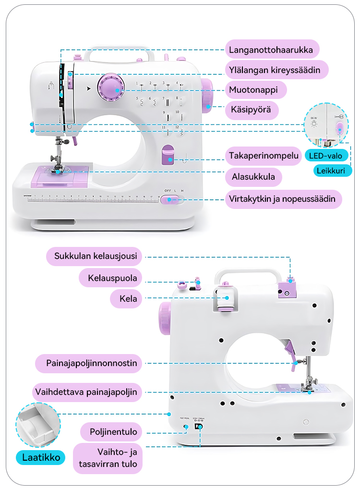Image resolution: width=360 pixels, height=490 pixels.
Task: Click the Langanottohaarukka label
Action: pos(271,49)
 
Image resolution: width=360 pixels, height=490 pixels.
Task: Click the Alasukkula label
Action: pos(253,177)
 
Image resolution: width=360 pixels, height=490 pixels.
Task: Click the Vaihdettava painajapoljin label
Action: pos(86,392)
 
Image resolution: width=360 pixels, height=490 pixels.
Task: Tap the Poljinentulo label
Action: pos(113,432)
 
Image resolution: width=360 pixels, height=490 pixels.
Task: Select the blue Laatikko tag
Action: pos(41,457)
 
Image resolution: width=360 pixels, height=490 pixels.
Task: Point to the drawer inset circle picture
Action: pos(38,426)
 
